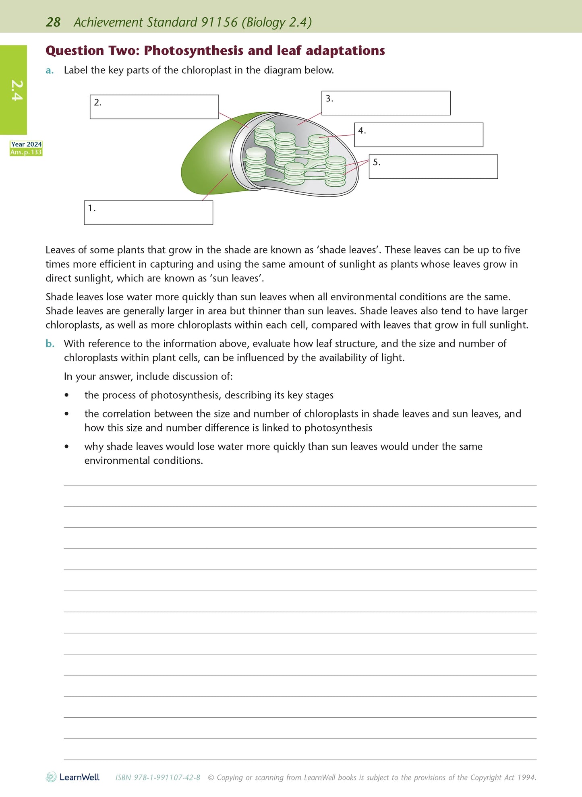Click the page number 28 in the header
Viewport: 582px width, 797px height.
tap(53, 22)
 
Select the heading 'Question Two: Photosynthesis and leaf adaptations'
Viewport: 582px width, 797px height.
tap(215, 51)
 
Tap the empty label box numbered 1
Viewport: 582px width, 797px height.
tap(148, 213)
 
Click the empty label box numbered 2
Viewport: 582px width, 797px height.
tap(154, 107)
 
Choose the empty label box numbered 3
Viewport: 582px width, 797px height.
tap(386, 103)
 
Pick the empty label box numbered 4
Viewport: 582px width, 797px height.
tap(418, 135)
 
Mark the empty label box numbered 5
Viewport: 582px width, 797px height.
tap(433, 167)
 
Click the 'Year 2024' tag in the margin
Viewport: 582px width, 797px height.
tap(26, 145)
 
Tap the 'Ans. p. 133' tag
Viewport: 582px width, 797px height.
tap(26, 152)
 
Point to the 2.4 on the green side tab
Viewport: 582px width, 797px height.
tap(17, 90)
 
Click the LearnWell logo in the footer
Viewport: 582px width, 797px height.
tap(73, 777)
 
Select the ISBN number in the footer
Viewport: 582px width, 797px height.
tap(158, 778)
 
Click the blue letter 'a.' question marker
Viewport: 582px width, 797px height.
tap(50, 70)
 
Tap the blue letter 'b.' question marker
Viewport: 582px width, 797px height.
tap(50, 344)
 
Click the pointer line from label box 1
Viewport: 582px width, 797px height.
tap(215, 187)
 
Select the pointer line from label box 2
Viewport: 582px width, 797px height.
tap(234, 120)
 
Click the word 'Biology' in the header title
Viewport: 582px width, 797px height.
tap(265, 22)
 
